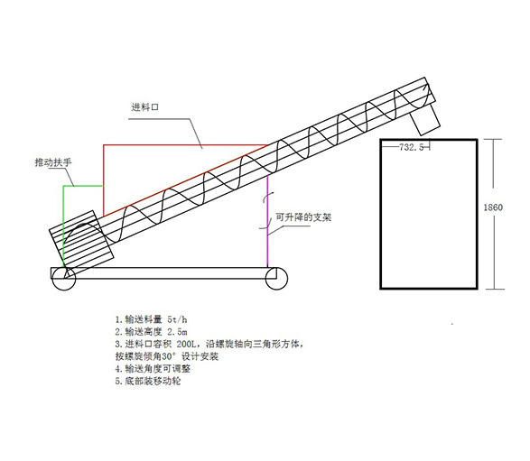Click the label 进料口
click(145, 107)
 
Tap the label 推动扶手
click(53, 162)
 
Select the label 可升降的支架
click(303, 217)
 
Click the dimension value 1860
click(493, 207)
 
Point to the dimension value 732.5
click(412, 147)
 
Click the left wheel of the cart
click(64, 279)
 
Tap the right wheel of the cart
click(276, 279)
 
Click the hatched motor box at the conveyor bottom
click(82, 239)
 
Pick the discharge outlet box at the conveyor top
click(424, 120)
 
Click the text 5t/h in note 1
click(177, 319)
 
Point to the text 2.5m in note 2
click(178, 332)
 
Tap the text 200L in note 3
click(186, 344)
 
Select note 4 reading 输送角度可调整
click(153, 369)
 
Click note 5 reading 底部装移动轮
click(148, 382)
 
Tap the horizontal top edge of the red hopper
click(186, 145)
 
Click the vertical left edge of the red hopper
click(104, 180)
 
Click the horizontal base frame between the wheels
click(163, 273)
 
